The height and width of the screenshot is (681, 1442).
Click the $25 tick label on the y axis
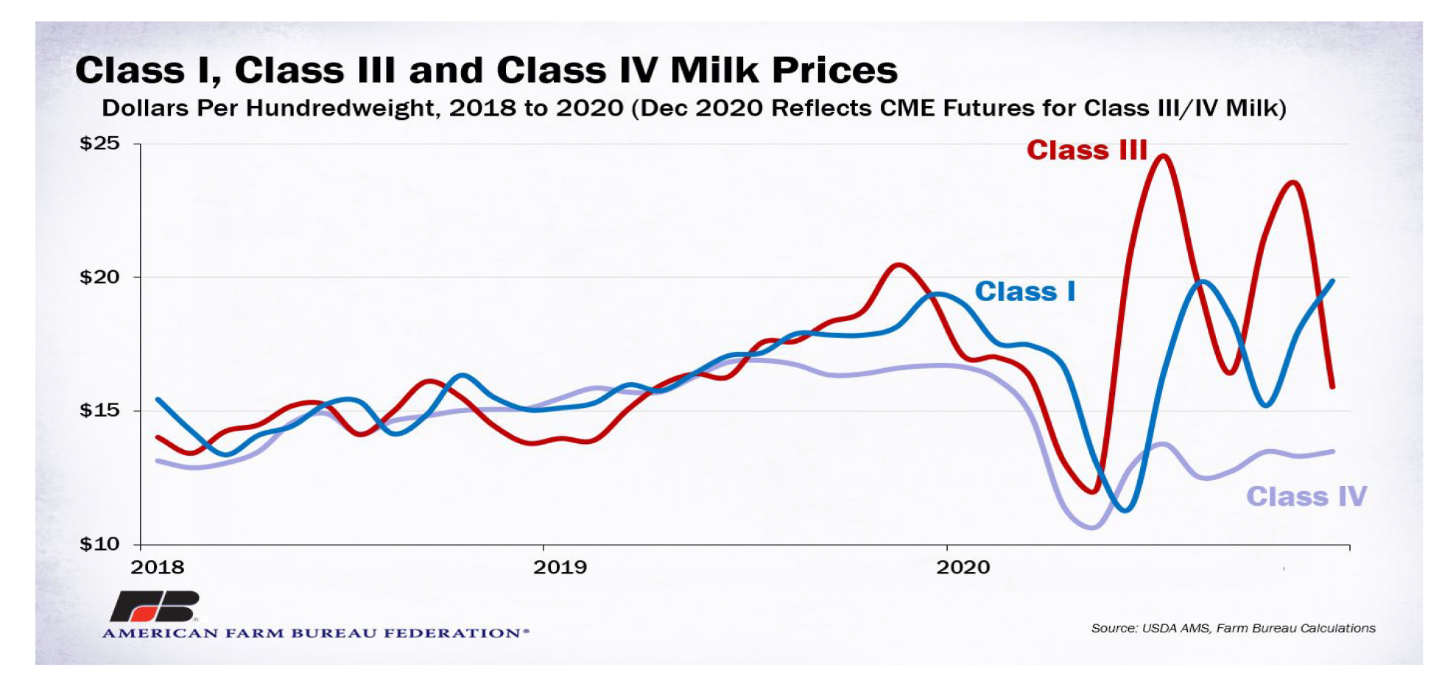click(x=99, y=143)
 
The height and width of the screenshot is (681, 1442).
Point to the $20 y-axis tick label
click(x=99, y=277)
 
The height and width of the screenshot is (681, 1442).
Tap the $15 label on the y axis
click(x=99, y=410)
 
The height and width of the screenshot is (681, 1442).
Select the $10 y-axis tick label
click(x=99, y=544)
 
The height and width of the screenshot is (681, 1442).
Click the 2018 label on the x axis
click(x=158, y=568)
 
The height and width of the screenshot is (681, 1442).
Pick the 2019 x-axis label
click(x=560, y=568)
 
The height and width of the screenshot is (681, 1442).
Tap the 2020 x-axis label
click(x=963, y=568)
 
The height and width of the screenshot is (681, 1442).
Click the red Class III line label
click(x=1087, y=150)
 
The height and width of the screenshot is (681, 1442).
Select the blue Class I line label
click(x=1024, y=292)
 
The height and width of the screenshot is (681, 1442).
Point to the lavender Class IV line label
click(x=1306, y=496)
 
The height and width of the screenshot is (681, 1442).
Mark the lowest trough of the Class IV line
click(x=1091, y=527)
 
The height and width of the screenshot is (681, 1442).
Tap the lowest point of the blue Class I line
click(x=1125, y=509)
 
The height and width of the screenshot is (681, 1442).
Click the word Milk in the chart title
click(x=714, y=71)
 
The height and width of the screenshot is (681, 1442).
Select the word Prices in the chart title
click(x=834, y=71)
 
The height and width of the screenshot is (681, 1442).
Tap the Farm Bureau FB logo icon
click(x=155, y=606)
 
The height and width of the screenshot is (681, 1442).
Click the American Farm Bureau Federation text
click(x=315, y=633)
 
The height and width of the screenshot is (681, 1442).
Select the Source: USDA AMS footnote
click(x=1233, y=628)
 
